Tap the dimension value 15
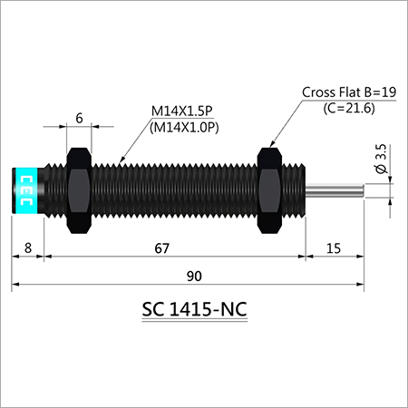[x=335, y=248]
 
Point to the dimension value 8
[x=28, y=248]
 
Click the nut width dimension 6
[x=80, y=117]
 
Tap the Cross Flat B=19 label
[x=349, y=92]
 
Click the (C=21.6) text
[x=350, y=108]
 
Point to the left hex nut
[x=78, y=189]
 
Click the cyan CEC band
[x=25, y=190]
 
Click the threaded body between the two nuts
[x=172, y=189]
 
